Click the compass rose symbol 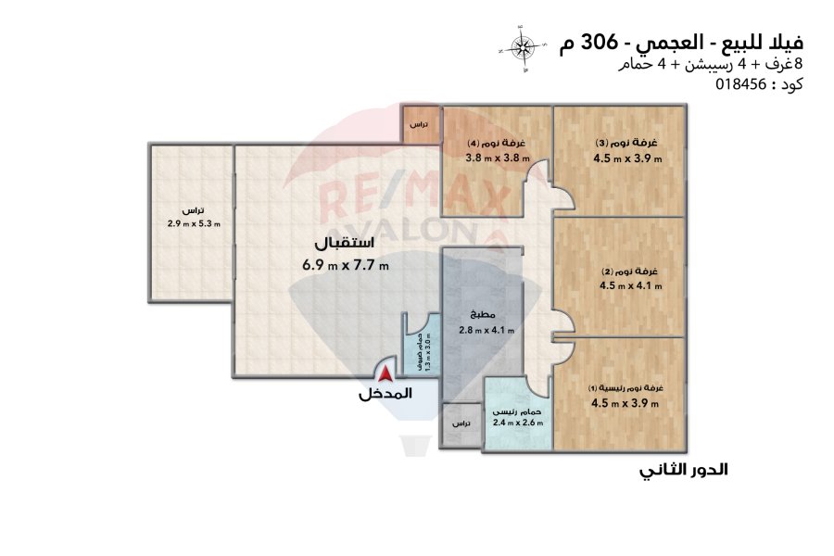coord(522,48)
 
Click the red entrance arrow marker coord(385,373)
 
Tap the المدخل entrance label coord(385,394)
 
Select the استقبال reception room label coord(345,242)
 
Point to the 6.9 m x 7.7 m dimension coord(346,264)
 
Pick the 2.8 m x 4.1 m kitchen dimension coord(486,330)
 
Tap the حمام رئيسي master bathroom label coord(516,411)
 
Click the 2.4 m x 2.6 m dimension coord(518,423)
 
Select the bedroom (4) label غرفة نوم coord(497,143)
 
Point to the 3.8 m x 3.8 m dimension coord(498,158)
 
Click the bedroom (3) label coord(626,143)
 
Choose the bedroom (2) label coord(630,272)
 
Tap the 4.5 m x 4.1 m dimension coord(631,285)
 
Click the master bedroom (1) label coord(625,388)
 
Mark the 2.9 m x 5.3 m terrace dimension coord(194,224)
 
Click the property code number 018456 coord(740,84)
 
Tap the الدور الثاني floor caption coord(684,470)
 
